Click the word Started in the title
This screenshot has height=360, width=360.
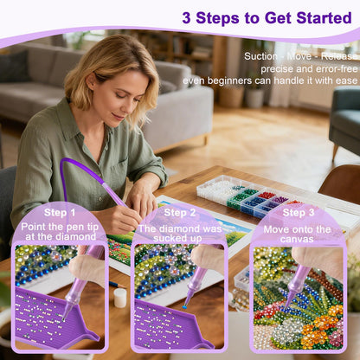coord(324,18)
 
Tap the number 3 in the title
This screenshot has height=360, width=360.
coord(187,18)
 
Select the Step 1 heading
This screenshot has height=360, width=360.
coord(60,213)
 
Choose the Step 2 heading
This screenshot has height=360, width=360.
coord(180,213)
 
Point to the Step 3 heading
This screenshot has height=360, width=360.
coord(299,213)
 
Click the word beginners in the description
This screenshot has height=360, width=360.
coord(229,80)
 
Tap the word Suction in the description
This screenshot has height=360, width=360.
coord(260,56)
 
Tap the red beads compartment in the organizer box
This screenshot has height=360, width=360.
coord(267,196)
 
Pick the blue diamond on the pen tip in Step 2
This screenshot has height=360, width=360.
coord(184,307)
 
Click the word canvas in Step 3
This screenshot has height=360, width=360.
coord(297,239)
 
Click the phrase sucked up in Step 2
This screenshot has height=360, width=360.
coord(177,239)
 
